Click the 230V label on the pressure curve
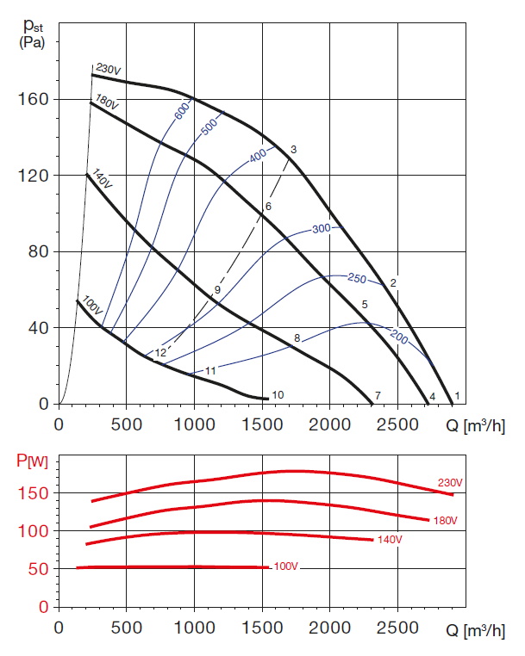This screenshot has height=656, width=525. [105, 68]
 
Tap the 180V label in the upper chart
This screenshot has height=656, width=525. [107, 102]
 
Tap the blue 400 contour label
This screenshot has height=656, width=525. [259, 157]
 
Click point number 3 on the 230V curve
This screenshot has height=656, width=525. [293, 150]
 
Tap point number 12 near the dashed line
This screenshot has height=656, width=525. [160, 353]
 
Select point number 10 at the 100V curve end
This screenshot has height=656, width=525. [278, 395]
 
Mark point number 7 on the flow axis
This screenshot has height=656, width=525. [378, 395]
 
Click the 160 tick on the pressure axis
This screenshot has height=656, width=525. [34, 99]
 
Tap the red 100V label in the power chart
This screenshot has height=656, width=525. [286, 566]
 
